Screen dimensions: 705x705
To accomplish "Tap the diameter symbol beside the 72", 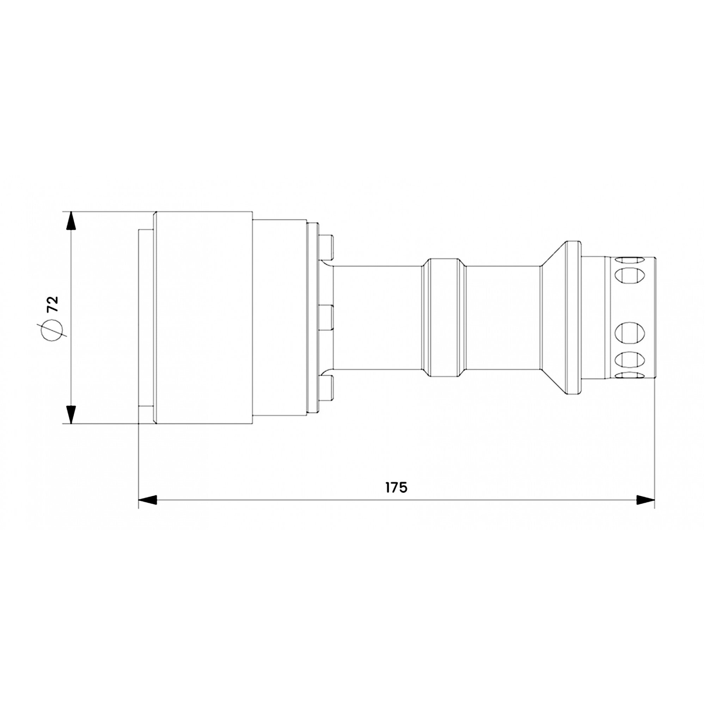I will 51,330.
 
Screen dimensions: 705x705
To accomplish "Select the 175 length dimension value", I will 396,488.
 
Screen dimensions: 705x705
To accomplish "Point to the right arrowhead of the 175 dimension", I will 645,500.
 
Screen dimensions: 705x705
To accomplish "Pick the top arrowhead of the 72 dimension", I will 71,220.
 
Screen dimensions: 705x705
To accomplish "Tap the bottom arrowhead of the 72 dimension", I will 71,414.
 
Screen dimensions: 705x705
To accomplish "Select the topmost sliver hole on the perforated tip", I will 630,260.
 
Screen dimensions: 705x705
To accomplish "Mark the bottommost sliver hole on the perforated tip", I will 630,375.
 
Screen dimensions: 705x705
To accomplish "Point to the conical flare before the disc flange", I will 553,317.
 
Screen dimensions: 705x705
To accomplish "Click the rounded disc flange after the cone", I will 573,317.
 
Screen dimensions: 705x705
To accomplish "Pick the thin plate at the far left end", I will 146,317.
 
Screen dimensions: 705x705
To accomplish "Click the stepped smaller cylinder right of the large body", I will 279,317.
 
